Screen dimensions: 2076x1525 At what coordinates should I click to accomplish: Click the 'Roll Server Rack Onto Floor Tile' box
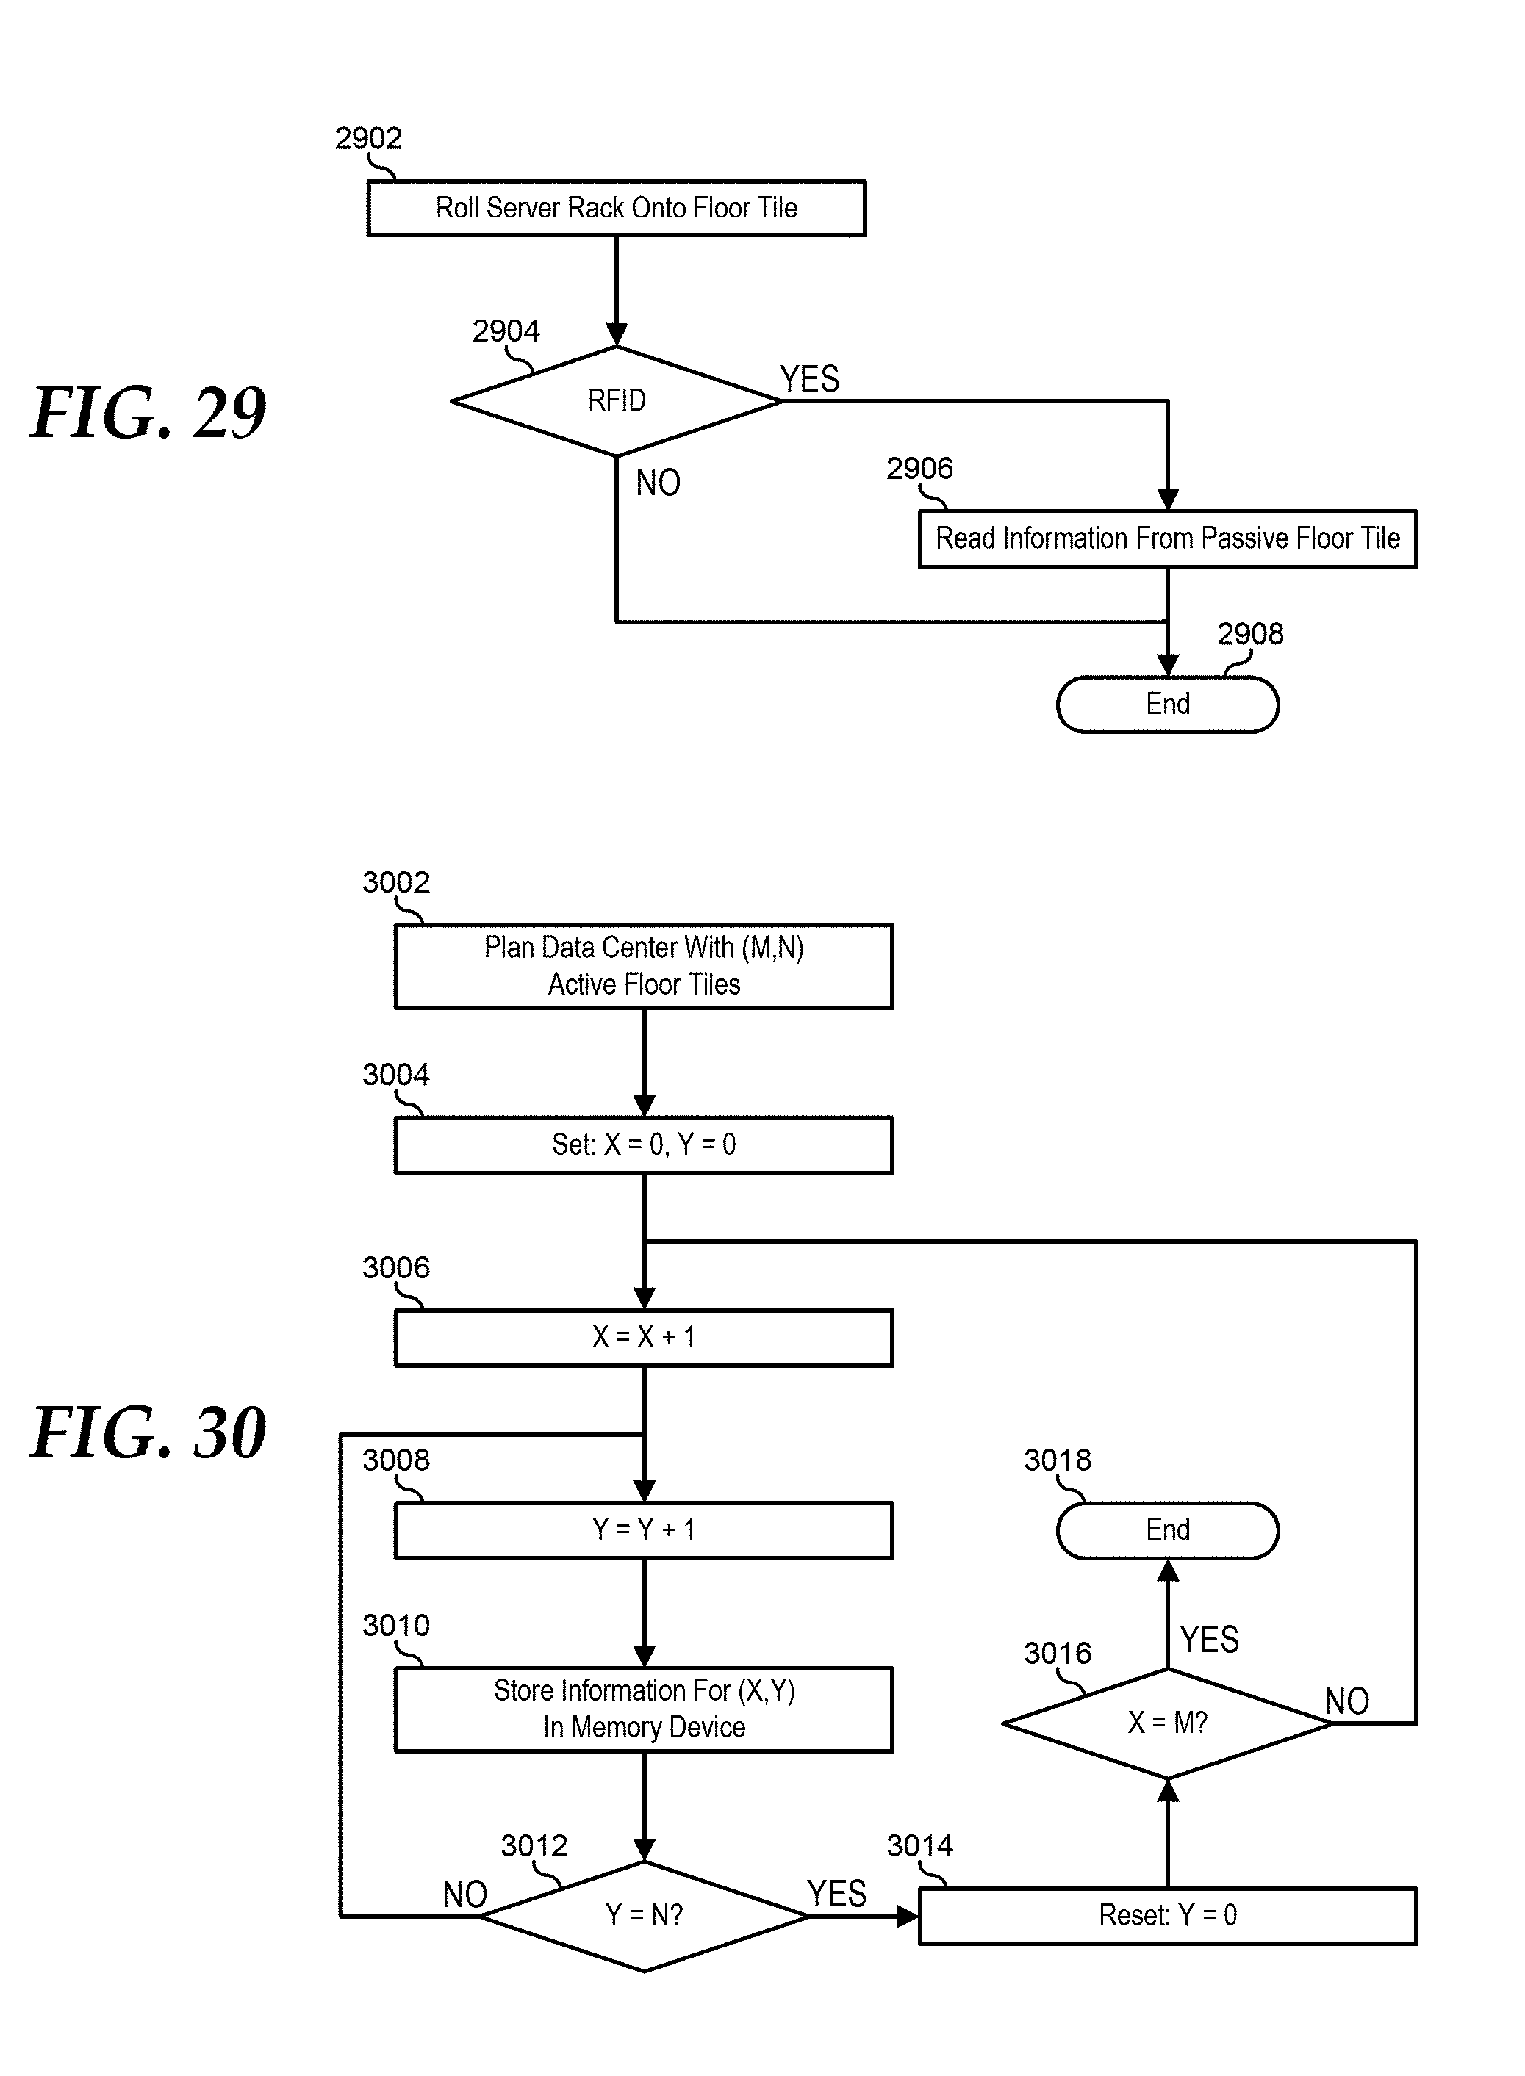click(x=616, y=208)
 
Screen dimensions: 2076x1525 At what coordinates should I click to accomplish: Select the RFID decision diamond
click(x=616, y=400)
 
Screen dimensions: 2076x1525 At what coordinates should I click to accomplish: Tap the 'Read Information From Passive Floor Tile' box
click(x=1167, y=539)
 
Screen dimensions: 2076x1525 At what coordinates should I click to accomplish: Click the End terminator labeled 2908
click(x=1167, y=704)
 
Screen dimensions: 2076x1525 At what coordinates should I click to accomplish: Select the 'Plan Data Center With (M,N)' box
click(x=643, y=966)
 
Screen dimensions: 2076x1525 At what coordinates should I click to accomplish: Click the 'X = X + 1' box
click(x=643, y=1337)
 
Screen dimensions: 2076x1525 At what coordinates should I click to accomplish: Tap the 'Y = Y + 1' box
click(x=643, y=1529)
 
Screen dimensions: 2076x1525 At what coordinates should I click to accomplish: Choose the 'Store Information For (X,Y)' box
click(x=643, y=1709)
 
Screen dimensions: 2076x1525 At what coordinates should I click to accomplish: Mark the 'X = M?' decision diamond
click(x=1167, y=1723)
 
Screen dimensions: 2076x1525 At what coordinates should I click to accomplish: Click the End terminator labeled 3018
click(x=1167, y=1529)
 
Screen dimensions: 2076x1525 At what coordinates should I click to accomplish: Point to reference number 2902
click(x=368, y=138)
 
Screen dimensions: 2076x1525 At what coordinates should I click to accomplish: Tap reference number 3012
click(x=534, y=1845)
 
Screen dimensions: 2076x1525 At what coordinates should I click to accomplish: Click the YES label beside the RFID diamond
click(x=810, y=379)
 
